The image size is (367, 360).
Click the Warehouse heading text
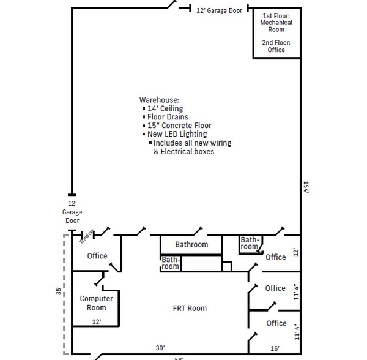[x=159, y=99]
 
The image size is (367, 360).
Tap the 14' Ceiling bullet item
[x=165, y=108]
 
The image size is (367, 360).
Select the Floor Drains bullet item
[x=168, y=117]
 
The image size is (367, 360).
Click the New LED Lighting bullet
[x=177, y=134]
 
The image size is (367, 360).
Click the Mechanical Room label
[x=276, y=26]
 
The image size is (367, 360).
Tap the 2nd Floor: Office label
[x=276, y=47]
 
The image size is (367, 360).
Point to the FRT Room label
[x=190, y=308]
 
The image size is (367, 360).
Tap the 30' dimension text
[x=160, y=348]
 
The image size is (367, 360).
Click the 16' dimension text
[x=275, y=348]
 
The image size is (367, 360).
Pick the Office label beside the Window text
[x=97, y=256]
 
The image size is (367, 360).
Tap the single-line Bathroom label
[x=191, y=244]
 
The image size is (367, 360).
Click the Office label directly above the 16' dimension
[x=276, y=323]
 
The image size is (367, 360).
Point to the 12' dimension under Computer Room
[x=96, y=321]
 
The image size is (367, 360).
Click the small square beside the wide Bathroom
[x=227, y=266]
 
